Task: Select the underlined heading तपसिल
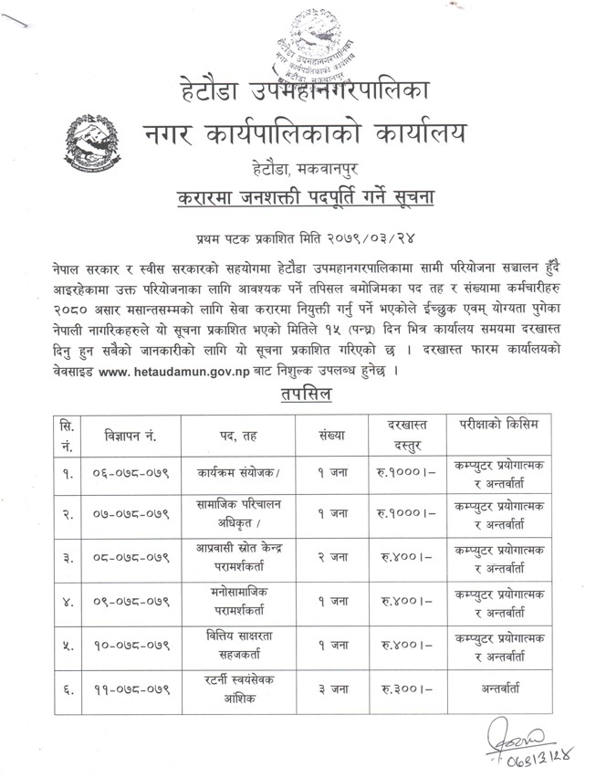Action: (304, 394)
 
